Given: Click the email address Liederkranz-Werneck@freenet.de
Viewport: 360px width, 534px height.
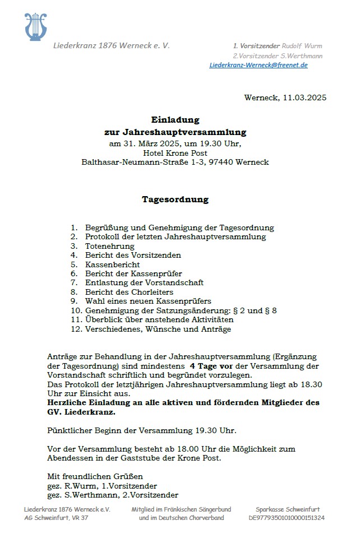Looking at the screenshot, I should pos(259,65).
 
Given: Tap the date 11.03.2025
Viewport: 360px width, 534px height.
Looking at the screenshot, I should pos(304,97).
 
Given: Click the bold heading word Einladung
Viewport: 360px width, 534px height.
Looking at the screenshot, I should pos(175,119).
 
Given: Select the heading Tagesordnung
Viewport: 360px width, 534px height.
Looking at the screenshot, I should pos(175,199).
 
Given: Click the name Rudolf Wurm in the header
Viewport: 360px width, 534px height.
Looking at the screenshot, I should pos(302,46).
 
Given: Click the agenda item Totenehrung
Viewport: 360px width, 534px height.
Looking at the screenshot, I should pos(110,246).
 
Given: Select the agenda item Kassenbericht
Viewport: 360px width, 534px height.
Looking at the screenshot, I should pos(113,264).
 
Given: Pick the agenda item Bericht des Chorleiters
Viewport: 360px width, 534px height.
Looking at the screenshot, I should pos(130,292).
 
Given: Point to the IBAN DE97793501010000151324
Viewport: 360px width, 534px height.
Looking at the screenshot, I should pos(287,518).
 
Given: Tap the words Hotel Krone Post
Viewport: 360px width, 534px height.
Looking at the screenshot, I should pos(175,153).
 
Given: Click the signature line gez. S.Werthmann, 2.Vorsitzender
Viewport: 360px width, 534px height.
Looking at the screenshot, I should pos(113,495).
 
